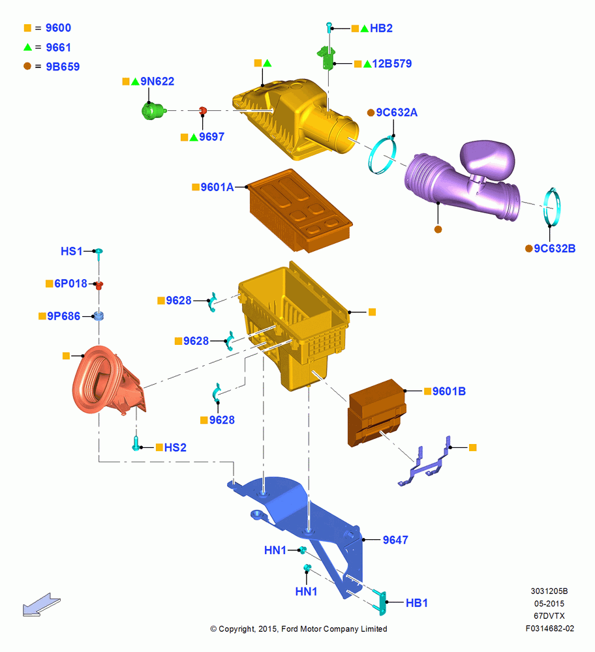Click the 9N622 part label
157,81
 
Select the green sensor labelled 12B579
327,57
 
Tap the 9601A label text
217,187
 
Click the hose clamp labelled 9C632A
382,155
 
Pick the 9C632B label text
554,248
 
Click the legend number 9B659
63,67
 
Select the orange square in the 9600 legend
27,28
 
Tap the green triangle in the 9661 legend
27,47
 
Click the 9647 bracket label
395,540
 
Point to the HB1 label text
416,603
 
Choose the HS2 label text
175,447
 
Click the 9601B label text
449,391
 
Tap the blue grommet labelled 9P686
99,316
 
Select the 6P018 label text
70,284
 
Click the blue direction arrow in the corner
41,605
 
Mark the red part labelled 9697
203,111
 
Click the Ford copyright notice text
298,629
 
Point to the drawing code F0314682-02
549,629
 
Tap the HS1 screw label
72,251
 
